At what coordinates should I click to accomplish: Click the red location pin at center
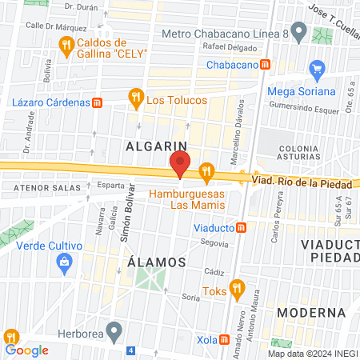point(180,163)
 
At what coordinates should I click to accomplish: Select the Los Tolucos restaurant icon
point(136,98)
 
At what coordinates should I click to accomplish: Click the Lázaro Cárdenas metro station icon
point(97,102)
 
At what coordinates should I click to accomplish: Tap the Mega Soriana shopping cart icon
point(318,70)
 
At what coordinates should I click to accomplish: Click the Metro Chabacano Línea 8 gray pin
point(299,34)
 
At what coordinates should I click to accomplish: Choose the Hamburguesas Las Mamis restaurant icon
point(207,171)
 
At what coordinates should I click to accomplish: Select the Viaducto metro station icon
point(251,226)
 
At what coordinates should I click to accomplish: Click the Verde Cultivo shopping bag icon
point(65,261)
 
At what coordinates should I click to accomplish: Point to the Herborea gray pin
point(114,330)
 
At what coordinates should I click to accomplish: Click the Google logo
point(27,350)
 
